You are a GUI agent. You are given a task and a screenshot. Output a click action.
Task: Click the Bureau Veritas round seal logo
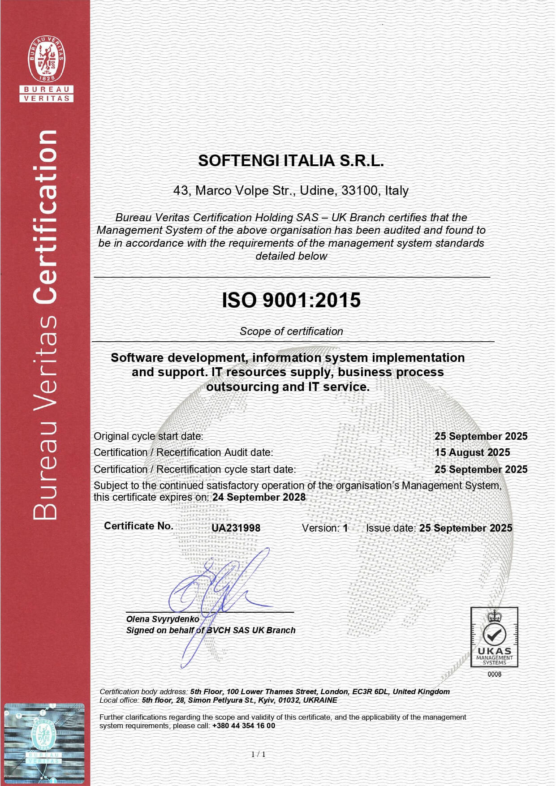pyautogui.click(x=46, y=59)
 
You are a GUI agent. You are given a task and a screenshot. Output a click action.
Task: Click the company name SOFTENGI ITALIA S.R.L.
pyautogui.click(x=291, y=161)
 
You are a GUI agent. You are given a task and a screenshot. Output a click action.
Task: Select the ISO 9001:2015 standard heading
pyautogui.click(x=291, y=300)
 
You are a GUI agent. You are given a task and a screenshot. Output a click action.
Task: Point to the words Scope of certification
pyautogui.click(x=291, y=331)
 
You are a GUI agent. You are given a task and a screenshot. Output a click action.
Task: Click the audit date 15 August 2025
pyautogui.click(x=472, y=452)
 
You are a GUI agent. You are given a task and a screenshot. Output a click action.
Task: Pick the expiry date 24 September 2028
pyautogui.click(x=259, y=497)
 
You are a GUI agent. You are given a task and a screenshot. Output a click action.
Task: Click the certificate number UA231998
pyautogui.click(x=236, y=528)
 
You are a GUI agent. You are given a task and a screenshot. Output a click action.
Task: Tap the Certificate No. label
pyautogui.click(x=138, y=526)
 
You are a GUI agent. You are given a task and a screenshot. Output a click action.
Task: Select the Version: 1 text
pyautogui.click(x=325, y=528)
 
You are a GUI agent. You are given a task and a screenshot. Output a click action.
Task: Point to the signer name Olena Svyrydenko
pyautogui.click(x=163, y=619)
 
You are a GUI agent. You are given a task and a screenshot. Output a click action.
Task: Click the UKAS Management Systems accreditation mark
pyautogui.click(x=494, y=637)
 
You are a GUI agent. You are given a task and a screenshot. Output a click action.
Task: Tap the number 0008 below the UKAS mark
pyautogui.click(x=494, y=674)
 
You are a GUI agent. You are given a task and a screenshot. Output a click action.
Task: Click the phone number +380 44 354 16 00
pyautogui.click(x=244, y=726)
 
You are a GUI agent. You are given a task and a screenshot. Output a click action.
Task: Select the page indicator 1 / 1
pyautogui.click(x=259, y=754)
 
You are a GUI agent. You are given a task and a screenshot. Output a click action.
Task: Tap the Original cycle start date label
pyautogui.click(x=148, y=436)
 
